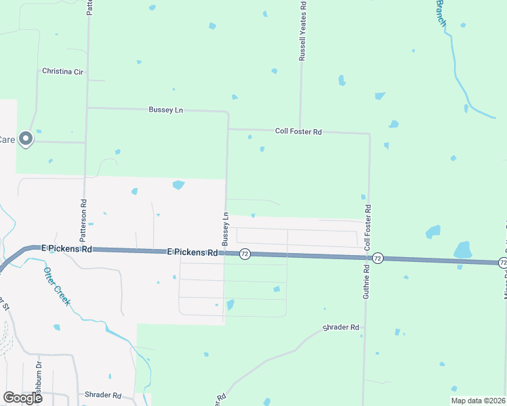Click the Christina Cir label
click(x=62, y=71)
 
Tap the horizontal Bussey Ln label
click(x=165, y=110)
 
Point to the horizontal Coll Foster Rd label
click(x=298, y=132)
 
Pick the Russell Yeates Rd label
click(x=303, y=31)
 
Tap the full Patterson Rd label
click(x=83, y=221)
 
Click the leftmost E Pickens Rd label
click(x=66, y=248)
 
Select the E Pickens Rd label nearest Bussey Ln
click(x=192, y=252)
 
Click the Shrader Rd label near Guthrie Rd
click(x=340, y=328)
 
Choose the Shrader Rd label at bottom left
click(x=102, y=394)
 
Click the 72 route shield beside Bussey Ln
click(x=245, y=254)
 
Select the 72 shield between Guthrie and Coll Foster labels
click(x=378, y=258)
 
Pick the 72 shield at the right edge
click(x=502, y=262)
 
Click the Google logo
click(x=22, y=398)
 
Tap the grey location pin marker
click(x=26, y=139)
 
